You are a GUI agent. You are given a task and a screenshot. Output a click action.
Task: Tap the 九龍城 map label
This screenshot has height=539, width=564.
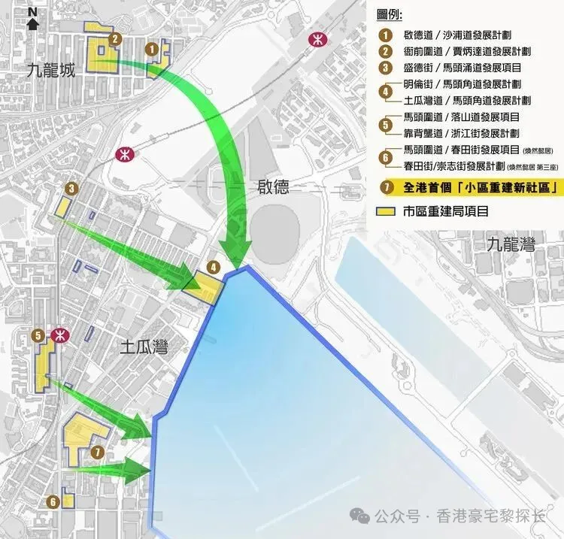tap(50, 71)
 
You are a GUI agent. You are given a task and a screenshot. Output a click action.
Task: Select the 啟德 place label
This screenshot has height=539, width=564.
tap(272, 187)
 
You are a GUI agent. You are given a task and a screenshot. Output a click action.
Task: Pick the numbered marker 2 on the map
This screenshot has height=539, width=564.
tap(114, 39)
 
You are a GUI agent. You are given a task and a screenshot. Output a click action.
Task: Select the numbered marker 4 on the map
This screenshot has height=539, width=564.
tap(214, 266)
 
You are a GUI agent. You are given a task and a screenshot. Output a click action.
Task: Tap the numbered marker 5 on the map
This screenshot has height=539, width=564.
tap(38, 335)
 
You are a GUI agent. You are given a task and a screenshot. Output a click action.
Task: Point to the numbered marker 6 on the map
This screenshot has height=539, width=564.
tap(53, 501)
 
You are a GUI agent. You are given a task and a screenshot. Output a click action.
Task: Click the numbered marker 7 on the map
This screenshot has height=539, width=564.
tap(98, 452)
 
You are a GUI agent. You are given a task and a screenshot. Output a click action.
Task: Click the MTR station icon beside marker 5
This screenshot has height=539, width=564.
tap(58, 335)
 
